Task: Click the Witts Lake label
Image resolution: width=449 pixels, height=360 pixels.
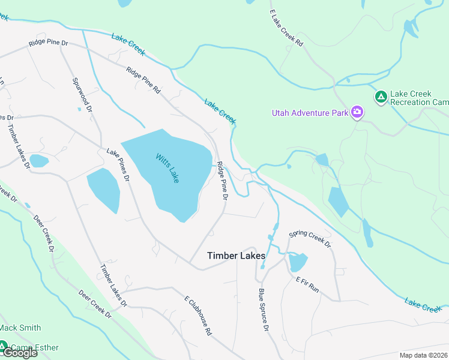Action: point(167,168)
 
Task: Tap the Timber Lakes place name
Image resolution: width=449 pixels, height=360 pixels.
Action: point(236,256)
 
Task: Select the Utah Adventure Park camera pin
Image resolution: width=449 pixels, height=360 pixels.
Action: point(358,112)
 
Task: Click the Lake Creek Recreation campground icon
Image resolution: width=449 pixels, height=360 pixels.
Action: point(381,97)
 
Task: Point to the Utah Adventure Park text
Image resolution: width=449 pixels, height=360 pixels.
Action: point(310,112)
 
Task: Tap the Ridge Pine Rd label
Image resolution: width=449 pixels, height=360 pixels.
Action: point(143,80)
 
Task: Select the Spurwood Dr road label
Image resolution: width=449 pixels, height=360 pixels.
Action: point(82,94)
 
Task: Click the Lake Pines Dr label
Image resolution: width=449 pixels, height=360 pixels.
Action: point(118,165)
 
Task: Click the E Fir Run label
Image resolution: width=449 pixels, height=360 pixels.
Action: point(307,284)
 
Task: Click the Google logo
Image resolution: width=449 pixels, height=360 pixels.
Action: point(19,353)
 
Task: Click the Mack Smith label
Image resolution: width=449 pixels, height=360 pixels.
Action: point(20,328)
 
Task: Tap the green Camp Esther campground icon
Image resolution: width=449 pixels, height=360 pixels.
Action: point(4,347)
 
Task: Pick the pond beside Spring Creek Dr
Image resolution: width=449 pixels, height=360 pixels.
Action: point(298,262)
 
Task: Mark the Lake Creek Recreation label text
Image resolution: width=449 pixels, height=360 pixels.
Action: point(419,98)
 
